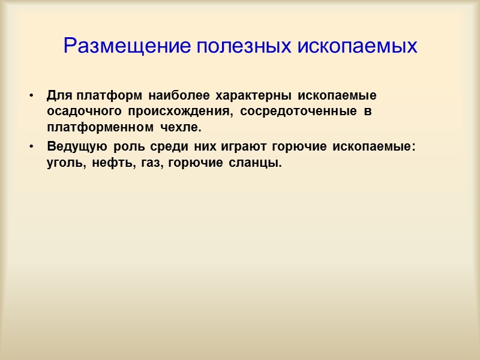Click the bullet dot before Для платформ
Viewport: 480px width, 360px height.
point(29,96)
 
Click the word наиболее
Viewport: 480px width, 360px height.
point(178,96)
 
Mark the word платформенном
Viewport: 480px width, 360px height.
point(100,128)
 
